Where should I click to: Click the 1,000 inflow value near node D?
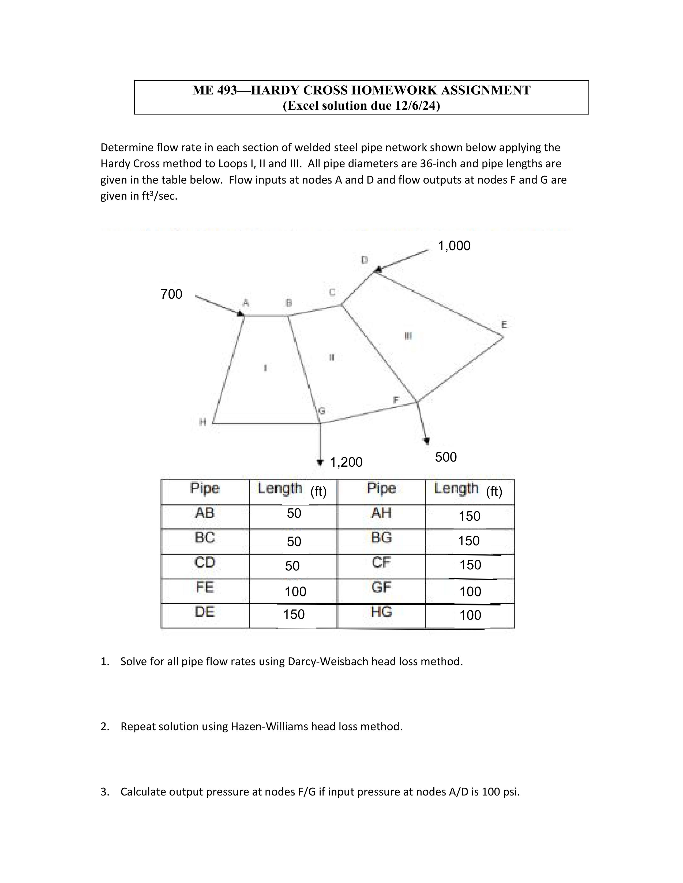click(x=454, y=246)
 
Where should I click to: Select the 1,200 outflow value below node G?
click(x=346, y=462)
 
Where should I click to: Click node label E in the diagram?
click(x=504, y=325)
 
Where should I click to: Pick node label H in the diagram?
click(x=203, y=422)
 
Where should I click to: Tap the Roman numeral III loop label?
click(x=408, y=336)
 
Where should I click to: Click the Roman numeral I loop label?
click(x=265, y=367)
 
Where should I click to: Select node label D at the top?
click(x=364, y=260)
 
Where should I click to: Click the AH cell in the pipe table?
click(x=381, y=513)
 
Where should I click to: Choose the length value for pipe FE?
click(x=295, y=592)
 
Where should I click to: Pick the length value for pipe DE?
click(x=294, y=614)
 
